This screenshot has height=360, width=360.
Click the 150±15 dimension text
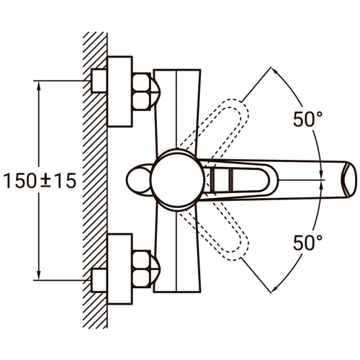pyautogui.click(x=40, y=181)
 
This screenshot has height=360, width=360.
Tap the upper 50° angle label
pyautogui.click(x=308, y=120)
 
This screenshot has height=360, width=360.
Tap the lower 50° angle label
pyautogui.click(x=308, y=243)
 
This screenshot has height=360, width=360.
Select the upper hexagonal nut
pyautogui.click(x=142, y=91)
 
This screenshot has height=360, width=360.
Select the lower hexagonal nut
pyautogui.click(x=142, y=269)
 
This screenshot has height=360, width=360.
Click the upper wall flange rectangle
pyautogui.click(x=120, y=91)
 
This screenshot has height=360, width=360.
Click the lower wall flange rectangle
pyautogui.click(x=120, y=269)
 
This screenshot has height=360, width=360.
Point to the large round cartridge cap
pyautogui.click(x=178, y=180)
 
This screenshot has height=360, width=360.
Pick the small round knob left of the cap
pyautogui.click(x=138, y=180)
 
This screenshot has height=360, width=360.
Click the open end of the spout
pyautogui.click(x=349, y=180)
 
